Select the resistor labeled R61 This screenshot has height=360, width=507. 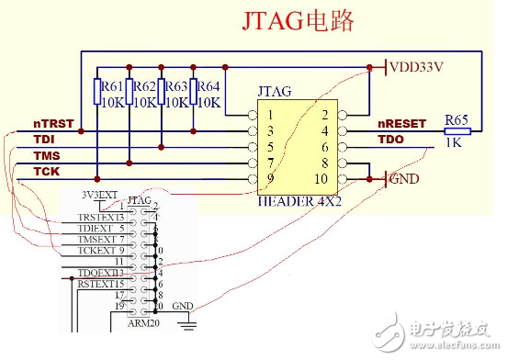click(98, 93)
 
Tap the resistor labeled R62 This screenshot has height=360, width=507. click(130, 93)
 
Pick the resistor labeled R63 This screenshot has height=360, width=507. click(162, 93)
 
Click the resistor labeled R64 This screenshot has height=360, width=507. click(194, 93)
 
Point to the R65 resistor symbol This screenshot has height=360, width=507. click(456, 131)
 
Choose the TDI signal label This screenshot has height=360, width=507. click(44, 139)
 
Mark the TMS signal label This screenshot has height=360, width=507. click(46, 155)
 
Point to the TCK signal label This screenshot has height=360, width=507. click(46, 172)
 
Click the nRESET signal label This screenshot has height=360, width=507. click(402, 123)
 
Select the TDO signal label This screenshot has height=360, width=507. click(392, 139)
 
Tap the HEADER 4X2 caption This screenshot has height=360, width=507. click(299, 201)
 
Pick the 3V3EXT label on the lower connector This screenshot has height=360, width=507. click(100, 195)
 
